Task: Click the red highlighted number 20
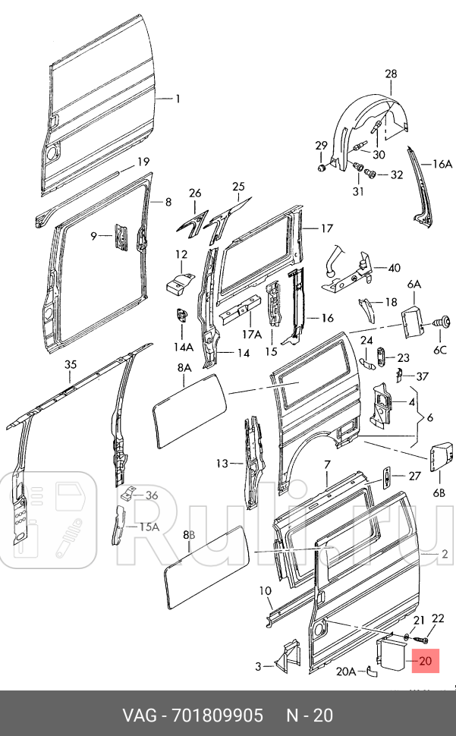coord(425,661)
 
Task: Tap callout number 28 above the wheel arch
coord(391,74)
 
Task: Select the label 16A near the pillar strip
coord(442,163)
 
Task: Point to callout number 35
coord(71,365)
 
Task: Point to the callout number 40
coord(394,268)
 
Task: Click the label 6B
coord(439,493)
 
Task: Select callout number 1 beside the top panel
coord(178,99)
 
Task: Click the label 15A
coord(149,527)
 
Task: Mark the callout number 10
coord(265,591)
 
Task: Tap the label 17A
coord(252,334)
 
